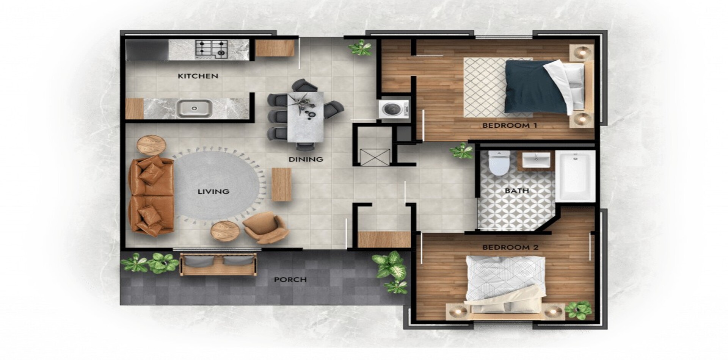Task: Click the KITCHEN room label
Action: tap(198, 76)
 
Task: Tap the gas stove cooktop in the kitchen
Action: tap(211, 49)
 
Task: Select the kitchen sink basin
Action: tap(194, 108)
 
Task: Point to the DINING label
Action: tap(306, 160)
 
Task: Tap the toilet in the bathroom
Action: tap(499, 163)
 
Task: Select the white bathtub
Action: tap(576, 176)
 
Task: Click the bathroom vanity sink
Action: tap(536, 160)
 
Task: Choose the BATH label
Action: tap(517, 191)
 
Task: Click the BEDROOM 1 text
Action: tap(510, 125)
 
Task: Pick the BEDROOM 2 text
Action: tap(510, 247)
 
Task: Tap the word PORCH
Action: tap(290, 280)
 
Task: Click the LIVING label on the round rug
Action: tap(213, 192)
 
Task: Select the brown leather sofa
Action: tap(151, 196)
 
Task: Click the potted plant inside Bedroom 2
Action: tap(578, 310)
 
